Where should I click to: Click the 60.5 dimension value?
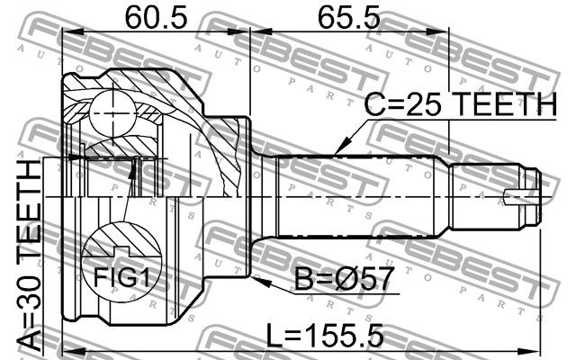coord(156,17)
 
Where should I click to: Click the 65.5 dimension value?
coord(348,17)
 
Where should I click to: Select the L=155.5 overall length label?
coord(324,335)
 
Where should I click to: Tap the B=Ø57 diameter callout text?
coord(344,279)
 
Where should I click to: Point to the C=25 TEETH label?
coord(460,104)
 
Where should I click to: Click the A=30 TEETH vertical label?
coord(30,256)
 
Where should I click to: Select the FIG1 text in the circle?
coord(121,277)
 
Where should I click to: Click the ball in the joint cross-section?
coord(112,113)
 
